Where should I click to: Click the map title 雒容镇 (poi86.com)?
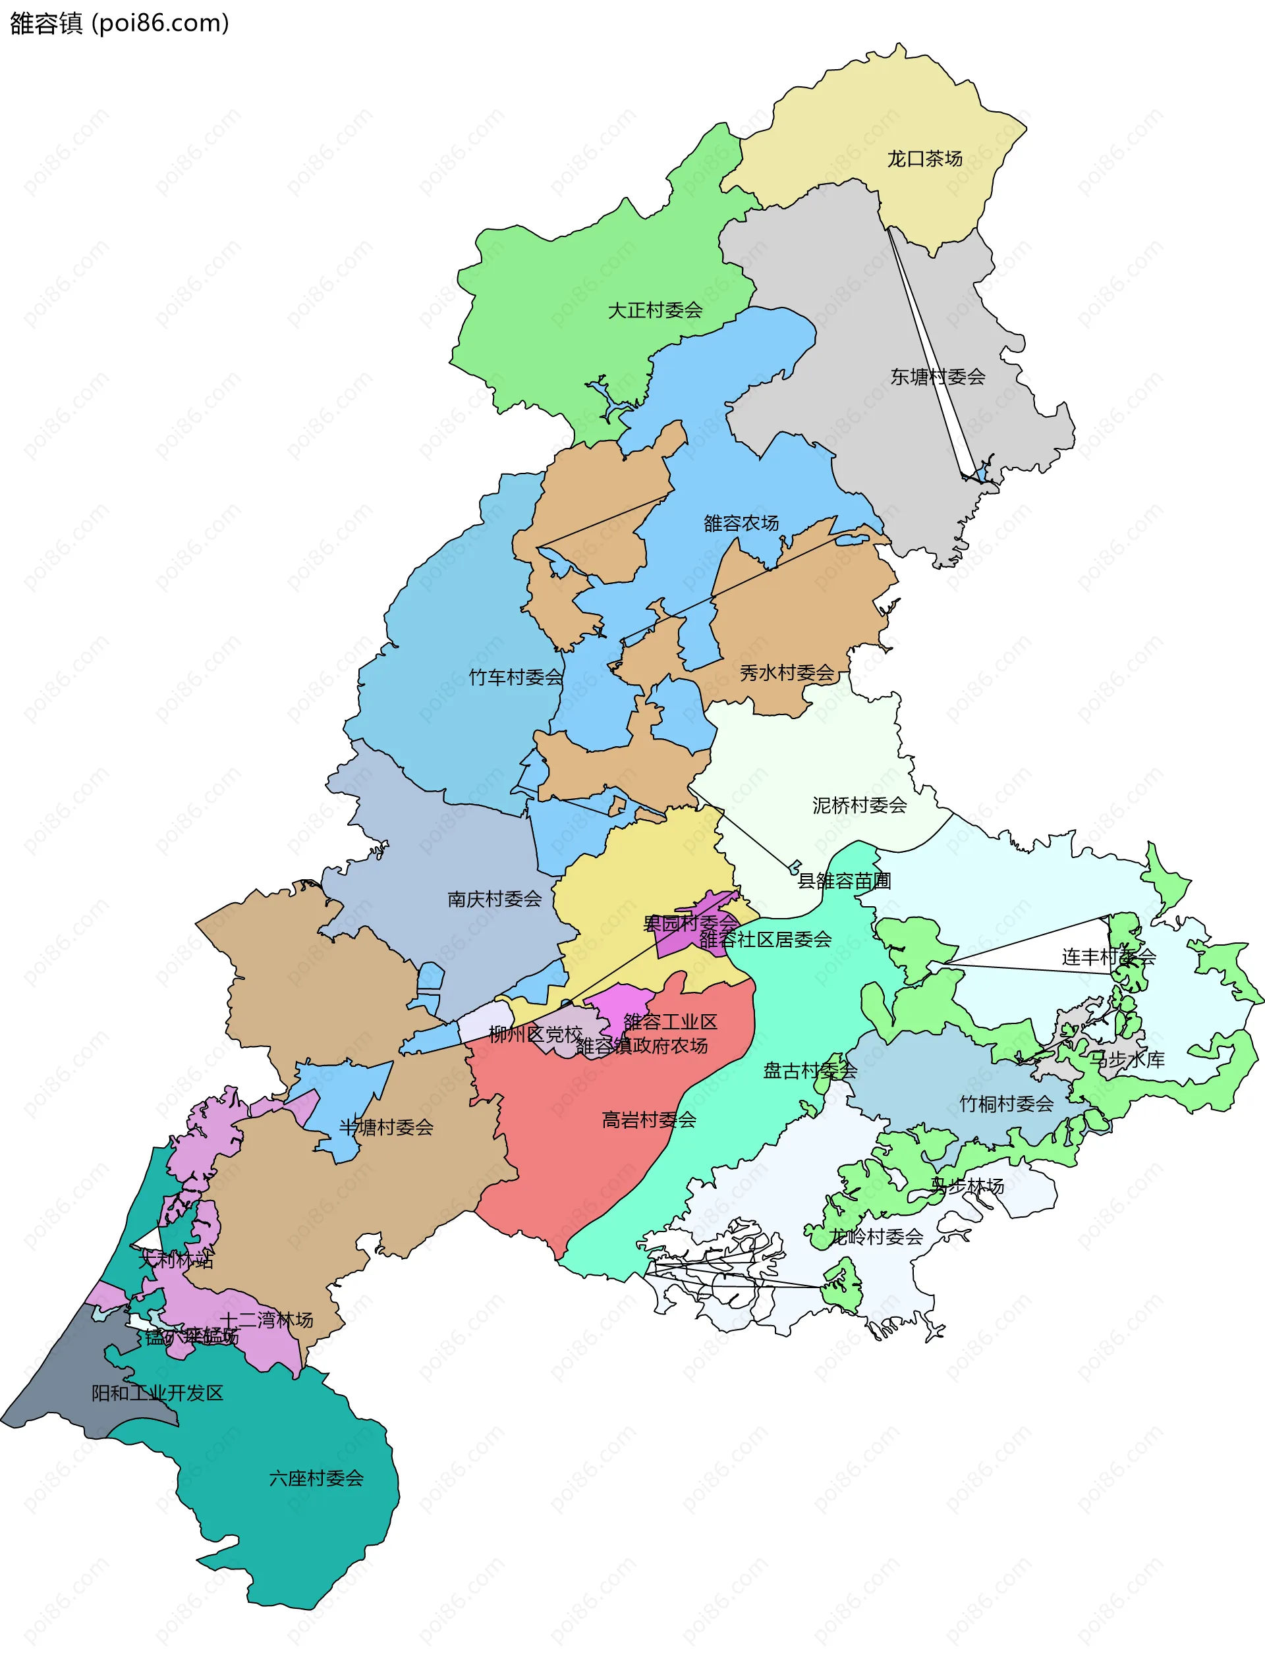[x=119, y=23]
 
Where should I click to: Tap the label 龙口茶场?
[x=924, y=159]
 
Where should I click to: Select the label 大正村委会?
[x=654, y=310]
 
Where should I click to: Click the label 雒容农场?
[x=741, y=523]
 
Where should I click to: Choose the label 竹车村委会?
[x=516, y=678]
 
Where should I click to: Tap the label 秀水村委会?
[x=787, y=673]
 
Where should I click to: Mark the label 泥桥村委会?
[x=859, y=805]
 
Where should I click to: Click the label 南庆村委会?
[x=494, y=899]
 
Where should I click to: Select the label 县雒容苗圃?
[x=844, y=881]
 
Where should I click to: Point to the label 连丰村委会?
[x=1108, y=957]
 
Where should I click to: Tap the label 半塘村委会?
[x=386, y=1127]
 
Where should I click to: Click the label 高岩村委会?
[x=648, y=1120]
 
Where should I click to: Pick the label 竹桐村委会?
[x=1006, y=1104]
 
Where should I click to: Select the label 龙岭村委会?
[x=876, y=1236]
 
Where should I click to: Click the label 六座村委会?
[x=316, y=1478]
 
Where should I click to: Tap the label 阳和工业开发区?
[x=157, y=1394]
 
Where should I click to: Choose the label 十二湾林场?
[x=267, y=1320]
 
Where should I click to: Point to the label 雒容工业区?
[x=670, y=1021]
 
